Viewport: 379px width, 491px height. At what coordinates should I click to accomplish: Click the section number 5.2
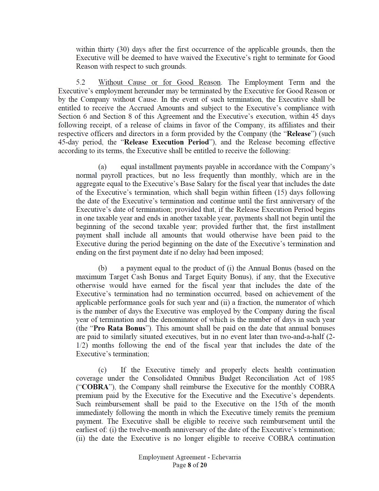pyautogui.click(x=80, y=83)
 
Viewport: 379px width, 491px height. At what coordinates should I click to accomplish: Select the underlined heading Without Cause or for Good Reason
pyautogui.click(x=159, y=83)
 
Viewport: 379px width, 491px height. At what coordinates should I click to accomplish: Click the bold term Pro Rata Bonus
pyautogui.click(x=119, y=328)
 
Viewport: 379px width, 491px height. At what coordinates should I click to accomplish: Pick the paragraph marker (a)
pyautogui.click(x=102, y=167)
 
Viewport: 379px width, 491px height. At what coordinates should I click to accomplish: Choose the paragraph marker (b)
pyautogui.click(x=103, y=268)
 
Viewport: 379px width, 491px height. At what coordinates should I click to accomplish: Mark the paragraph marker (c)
pyautogui.click(x=102, y=370)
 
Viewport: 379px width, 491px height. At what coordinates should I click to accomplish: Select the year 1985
pyautogui.click(x=326, y=378)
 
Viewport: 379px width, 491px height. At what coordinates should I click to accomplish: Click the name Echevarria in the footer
pyautogui.click(x=226, y=457)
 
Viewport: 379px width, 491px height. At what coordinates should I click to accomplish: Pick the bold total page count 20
pyautogui.click(x=203, y=465)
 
